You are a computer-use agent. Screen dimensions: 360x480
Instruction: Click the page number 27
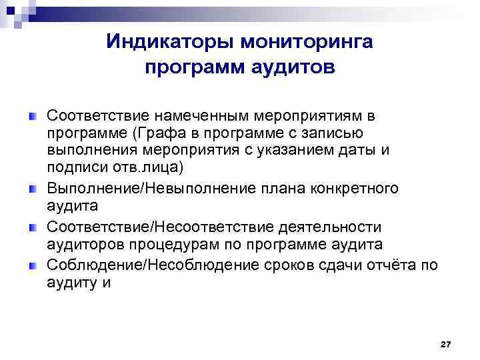pyautogui.click(x=446, y=343)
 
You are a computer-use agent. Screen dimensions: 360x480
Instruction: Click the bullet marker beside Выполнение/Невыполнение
pyautogui.click(x=31, y=190)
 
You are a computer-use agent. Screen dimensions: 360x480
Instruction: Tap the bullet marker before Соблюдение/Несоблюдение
pyautogui.click(x=31, y=267)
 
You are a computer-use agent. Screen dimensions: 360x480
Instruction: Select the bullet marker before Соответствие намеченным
pyautogui.click(x=31, y=117)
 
